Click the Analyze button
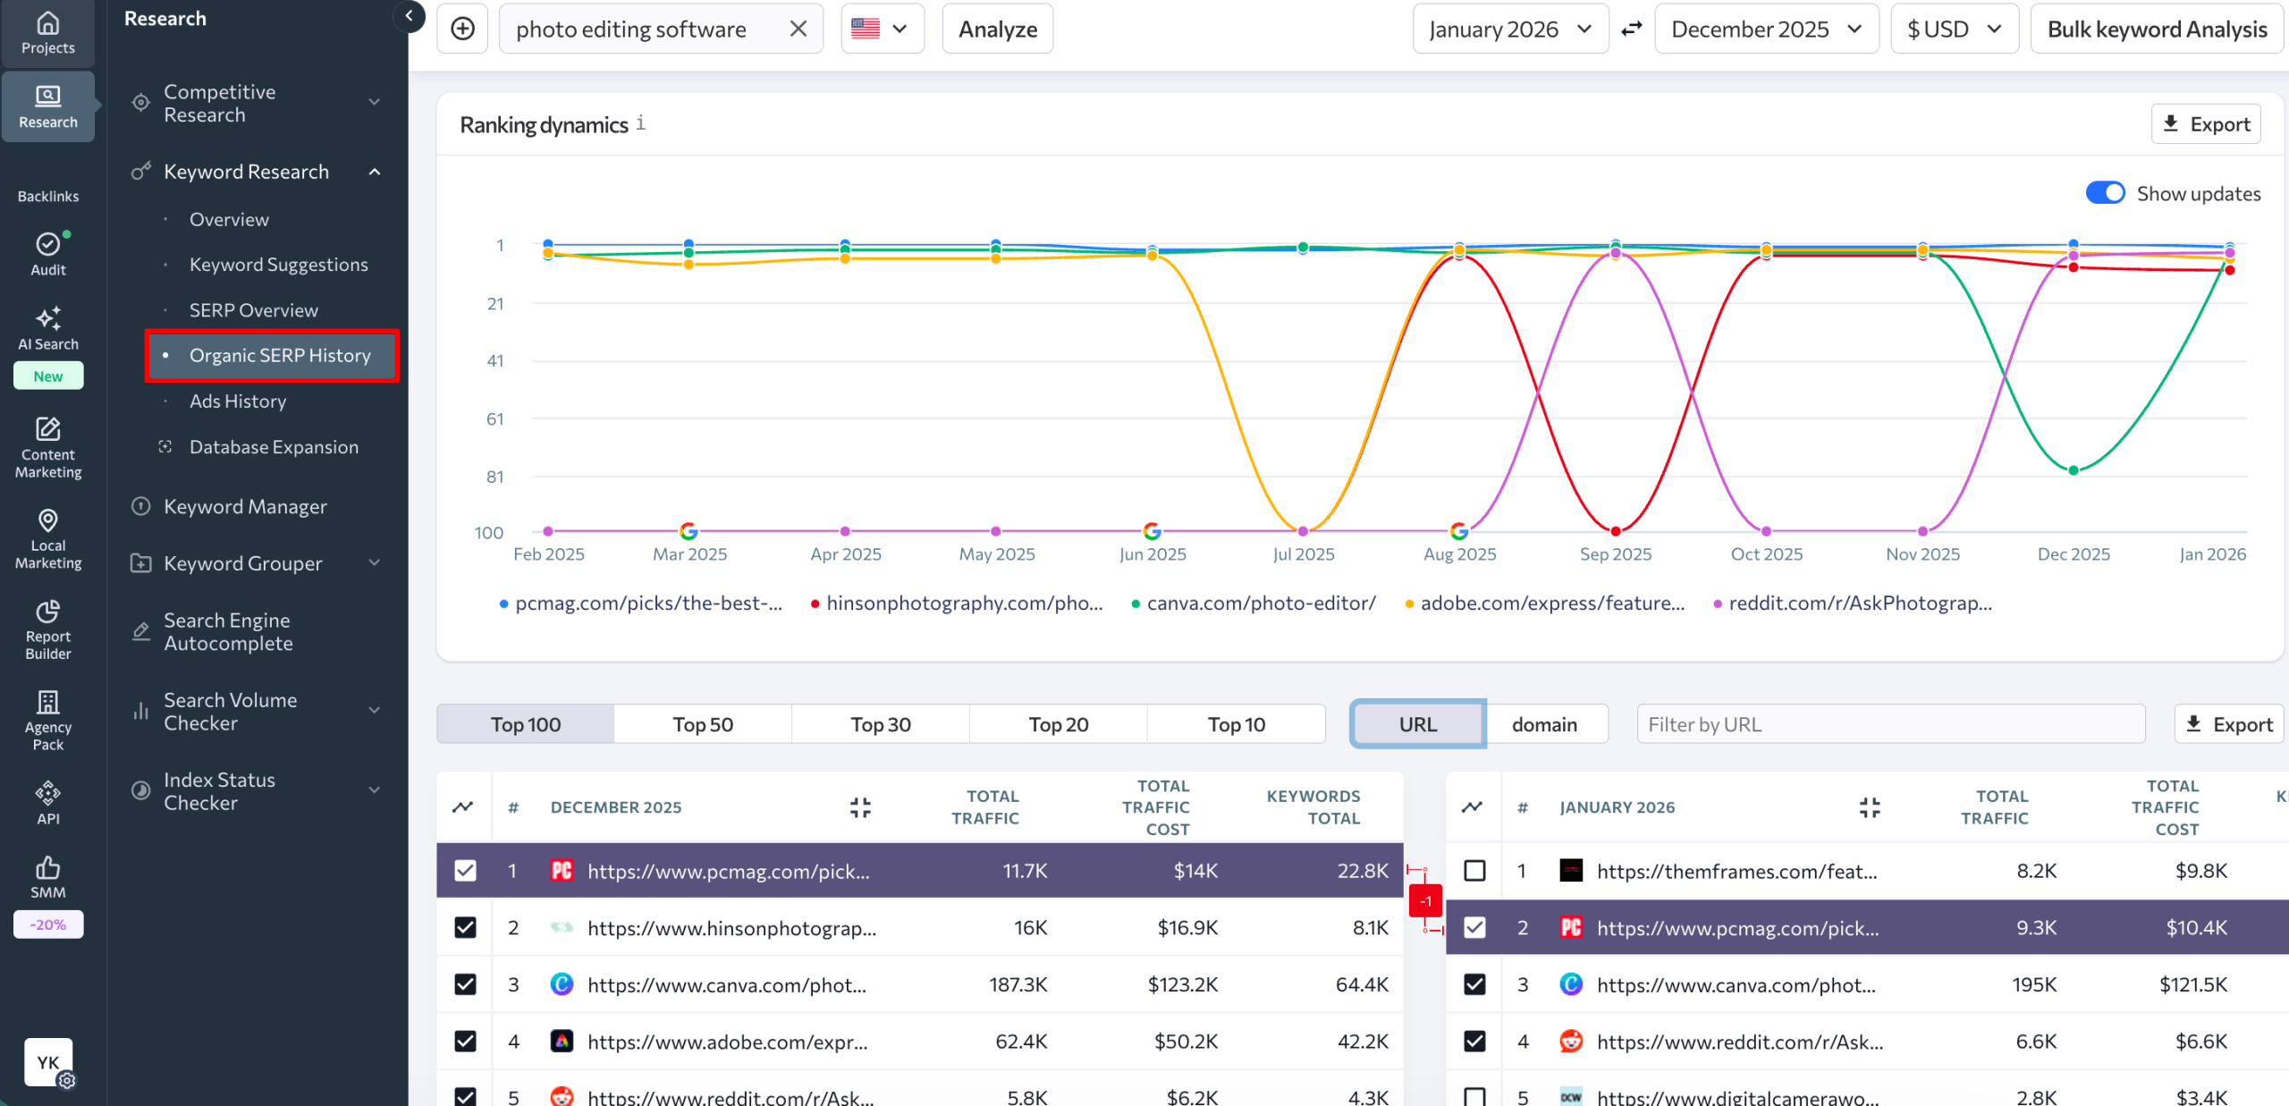997,30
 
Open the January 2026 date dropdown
1509,30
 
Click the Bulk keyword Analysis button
2156,30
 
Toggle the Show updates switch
2105,193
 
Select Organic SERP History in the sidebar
279,356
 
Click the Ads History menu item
238,401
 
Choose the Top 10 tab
1236,724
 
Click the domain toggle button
1544,724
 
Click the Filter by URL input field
1889,724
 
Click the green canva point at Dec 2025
2074,470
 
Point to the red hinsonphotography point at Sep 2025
1616,531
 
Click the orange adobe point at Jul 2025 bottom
1303,531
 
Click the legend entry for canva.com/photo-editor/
1260,604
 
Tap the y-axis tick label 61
494,419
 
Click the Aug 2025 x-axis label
1459,554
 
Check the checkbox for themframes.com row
1474,871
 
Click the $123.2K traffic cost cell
1182,984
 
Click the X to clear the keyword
798,30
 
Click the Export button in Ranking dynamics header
2206,124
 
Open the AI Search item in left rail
48,328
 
